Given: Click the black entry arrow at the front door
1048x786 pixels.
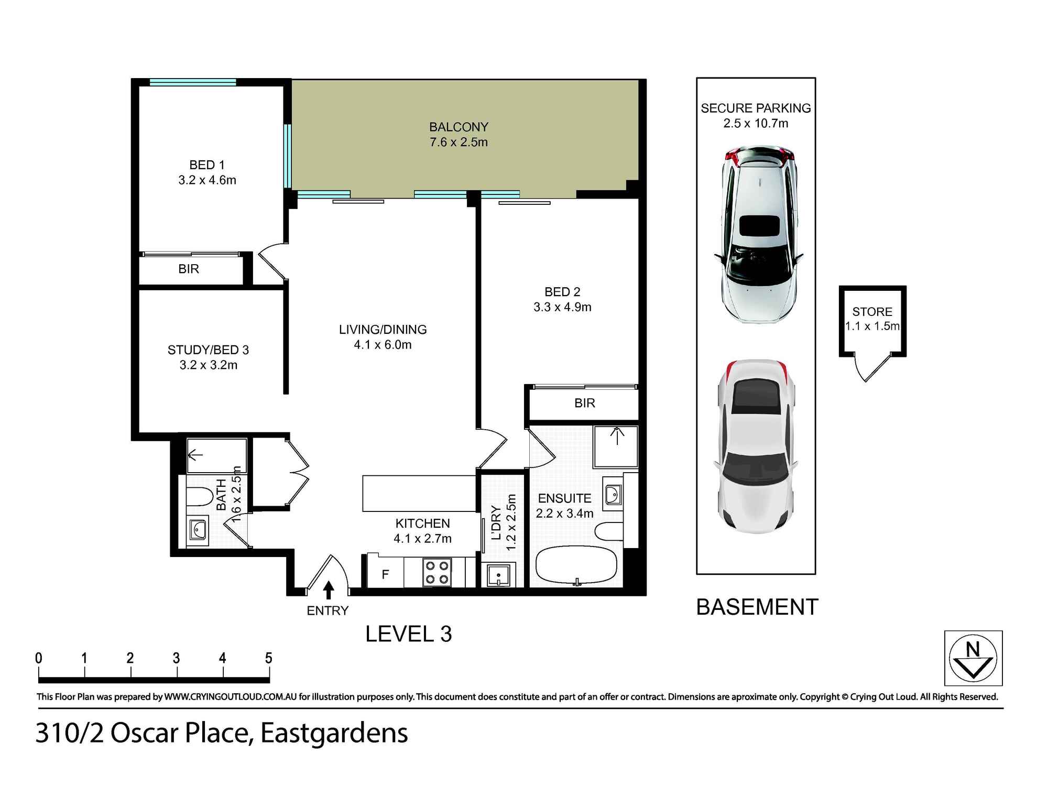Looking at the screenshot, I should click(x=329, y=589).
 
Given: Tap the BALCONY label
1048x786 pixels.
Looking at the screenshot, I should click(x=458, y=127).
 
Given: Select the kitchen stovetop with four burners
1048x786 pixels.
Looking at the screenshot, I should click(x=436, y=572).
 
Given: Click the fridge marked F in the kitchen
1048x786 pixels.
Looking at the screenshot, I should click(x=385, y=574).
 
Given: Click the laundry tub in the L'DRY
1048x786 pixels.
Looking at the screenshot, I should click(x=498, y=575).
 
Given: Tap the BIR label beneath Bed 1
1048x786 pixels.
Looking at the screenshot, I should click(x=189, y=269).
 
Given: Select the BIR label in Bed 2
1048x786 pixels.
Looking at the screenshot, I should click(x=584, y=403).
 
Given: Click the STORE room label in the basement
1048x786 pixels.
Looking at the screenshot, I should click(x=872, y=312).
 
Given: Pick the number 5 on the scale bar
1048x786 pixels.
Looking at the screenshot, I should click(x=268, y=658).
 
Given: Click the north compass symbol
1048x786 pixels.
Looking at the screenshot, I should click(x=973, y=658).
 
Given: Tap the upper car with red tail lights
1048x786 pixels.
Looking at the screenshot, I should click(x=758, y=235).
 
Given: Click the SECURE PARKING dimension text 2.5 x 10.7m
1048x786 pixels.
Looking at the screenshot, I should click(x=756, y=124).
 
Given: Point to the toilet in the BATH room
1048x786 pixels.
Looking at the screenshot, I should click(x=199, y=496).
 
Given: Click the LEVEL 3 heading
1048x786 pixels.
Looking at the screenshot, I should click(x=408, y=634).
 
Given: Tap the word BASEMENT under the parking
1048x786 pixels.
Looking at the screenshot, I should click(x=757, y=607).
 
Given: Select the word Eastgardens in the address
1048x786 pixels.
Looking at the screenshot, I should click(x=334, y=733).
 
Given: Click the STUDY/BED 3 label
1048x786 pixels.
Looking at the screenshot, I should click(x=208, y=350).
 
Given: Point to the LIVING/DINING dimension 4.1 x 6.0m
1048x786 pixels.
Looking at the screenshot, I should click(x=383, y=345).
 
